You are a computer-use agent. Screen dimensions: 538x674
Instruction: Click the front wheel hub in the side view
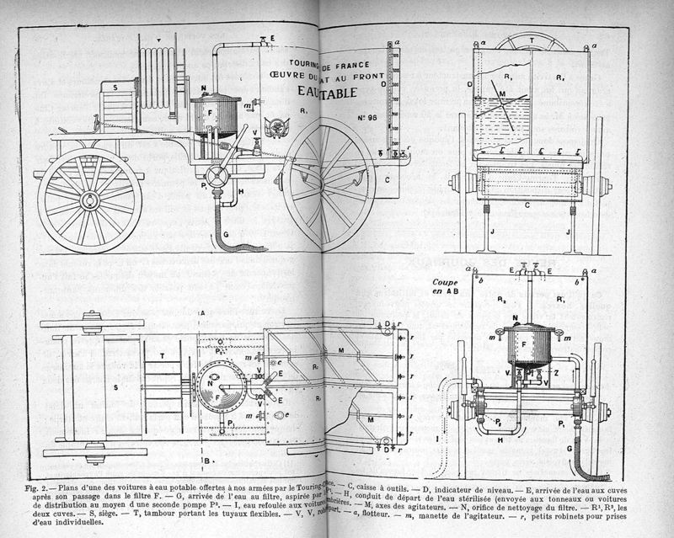click(88, 200)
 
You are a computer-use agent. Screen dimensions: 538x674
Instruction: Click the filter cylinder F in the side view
click(216, 113)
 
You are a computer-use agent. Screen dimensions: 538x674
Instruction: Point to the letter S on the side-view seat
click(114, 87)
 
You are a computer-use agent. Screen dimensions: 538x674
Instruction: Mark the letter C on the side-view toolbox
click(387, 179)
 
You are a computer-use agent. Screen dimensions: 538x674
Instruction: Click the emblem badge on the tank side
click(275, 127)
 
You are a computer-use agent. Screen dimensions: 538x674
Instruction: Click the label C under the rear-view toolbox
click(527, 205)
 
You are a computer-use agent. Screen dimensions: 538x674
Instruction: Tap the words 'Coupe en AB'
click(445, 287)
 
